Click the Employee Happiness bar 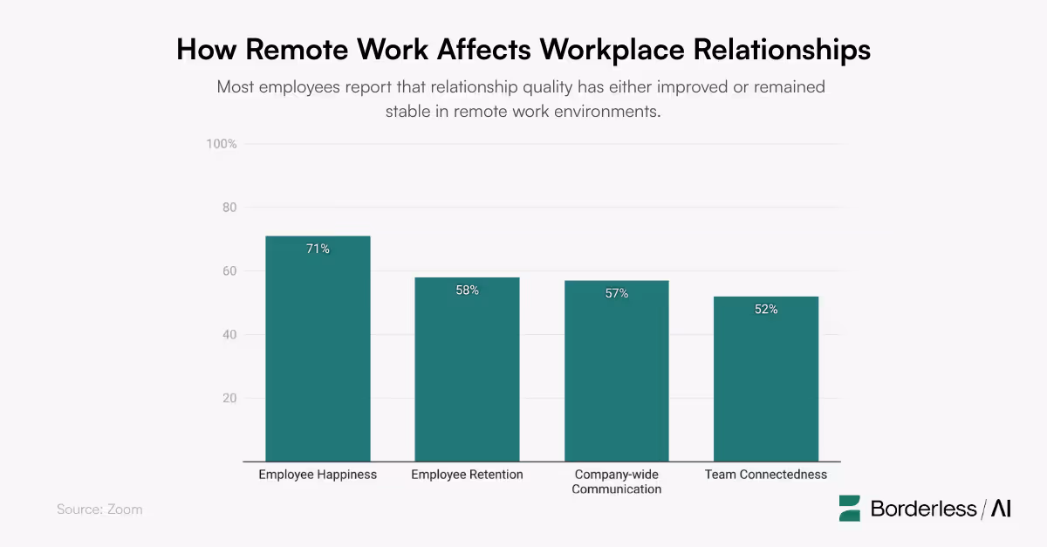tap(318, 349)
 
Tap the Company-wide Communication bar tap(617, 371)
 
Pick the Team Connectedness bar tap(766, 379)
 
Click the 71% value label tap(318, 250)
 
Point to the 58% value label tap(467, 291)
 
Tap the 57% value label tap(617, 294)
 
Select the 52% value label tap(766, 310)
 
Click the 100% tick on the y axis tap(222, 144)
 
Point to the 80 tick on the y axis tap(229, 208)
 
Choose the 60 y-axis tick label tap(229, 271)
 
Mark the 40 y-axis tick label tap(229, 335)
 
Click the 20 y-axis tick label tap(229, 399)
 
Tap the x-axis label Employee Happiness tap(318, 475)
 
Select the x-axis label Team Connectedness tap(766, 475)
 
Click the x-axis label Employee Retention tap(467, 475)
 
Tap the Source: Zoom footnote tap(99, 509)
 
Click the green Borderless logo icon tap(850, 509)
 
